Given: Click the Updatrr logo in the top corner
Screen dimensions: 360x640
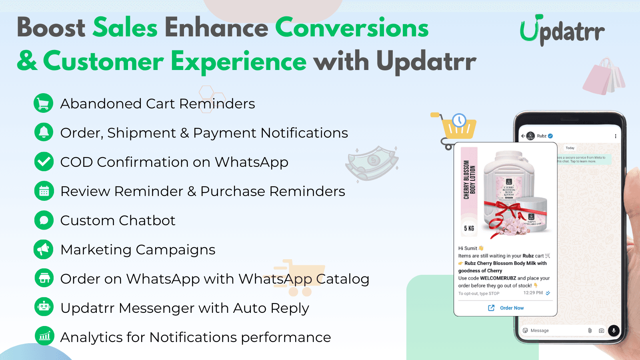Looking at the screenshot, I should (562, 30).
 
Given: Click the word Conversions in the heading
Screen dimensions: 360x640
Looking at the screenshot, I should (352, 28).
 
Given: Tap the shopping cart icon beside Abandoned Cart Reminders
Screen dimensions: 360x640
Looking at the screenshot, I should (44, 103).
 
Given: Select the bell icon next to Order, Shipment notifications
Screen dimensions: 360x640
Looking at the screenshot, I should (44, 132).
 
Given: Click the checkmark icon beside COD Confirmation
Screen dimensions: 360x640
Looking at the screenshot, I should (44, 162).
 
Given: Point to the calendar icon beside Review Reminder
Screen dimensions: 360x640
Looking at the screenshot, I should (44, 191).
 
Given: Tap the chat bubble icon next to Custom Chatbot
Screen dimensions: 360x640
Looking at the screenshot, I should (44, 220).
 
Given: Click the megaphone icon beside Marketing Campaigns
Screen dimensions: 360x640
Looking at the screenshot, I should (44, 249).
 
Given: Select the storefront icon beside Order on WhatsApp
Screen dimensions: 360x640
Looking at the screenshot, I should (44, 278).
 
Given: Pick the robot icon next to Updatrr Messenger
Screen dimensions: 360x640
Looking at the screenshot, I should (44, 307).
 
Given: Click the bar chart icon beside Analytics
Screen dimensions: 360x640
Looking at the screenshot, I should (44, 336).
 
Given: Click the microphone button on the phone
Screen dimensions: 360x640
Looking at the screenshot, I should (613, 330).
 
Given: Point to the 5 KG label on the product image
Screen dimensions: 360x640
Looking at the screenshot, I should (469, 228).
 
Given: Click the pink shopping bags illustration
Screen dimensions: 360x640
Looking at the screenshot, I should (604, 77).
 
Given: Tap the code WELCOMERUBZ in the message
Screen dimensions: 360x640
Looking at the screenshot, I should (498, 278).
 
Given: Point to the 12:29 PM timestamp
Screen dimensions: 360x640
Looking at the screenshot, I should (533, 293).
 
